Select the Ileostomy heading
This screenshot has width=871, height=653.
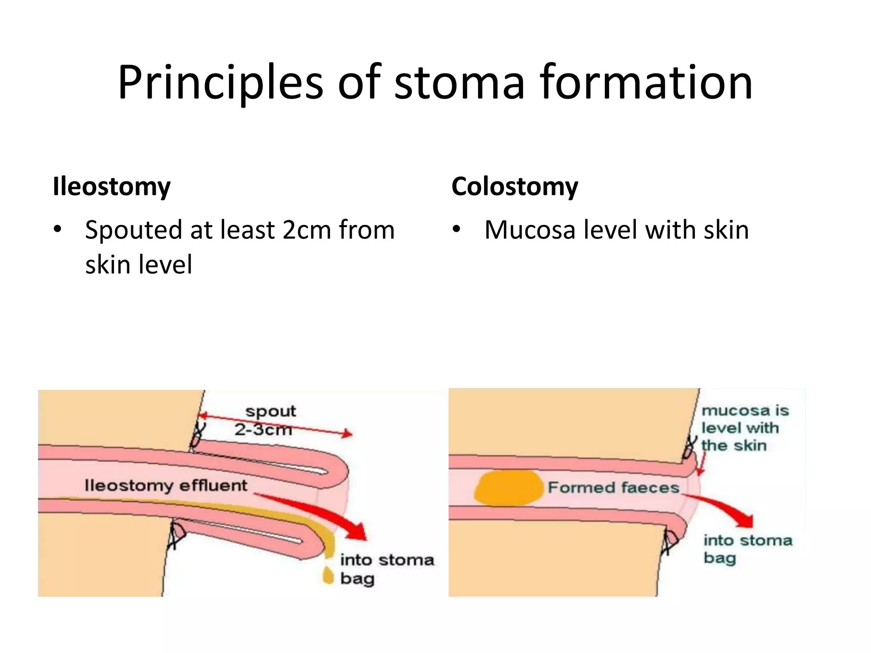pyautogui.click(x=111, y=186)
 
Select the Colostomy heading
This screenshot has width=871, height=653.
pyautogui.click(x=515, y=186)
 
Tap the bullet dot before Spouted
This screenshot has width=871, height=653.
pyautogui.click(x=57, y=230)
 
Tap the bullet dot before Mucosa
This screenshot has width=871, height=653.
pyautogui.click(x=456, y=230)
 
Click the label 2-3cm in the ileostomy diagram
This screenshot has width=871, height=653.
pyautogui.click(x=263, y=429)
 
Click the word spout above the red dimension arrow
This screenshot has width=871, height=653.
pyautogui.click(x=270, y=411)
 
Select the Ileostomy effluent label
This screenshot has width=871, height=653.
pyautogui.click(x=165, y=485)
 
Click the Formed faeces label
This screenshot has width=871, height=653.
pyautogui.click(x=613, y=487)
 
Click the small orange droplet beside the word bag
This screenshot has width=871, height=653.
pyautogui.click(x=328, y=575)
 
